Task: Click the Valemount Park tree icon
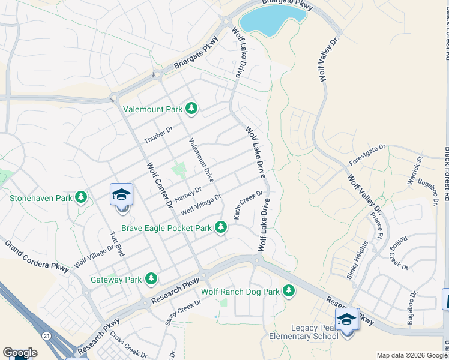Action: click(x=191, y=109)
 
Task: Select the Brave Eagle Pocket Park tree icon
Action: click(x=221, y=227)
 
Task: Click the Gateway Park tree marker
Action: click(x=151, y=279)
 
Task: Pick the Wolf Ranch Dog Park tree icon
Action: click(x=289, y=291)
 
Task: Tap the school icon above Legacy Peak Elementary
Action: click(x=346, y=319)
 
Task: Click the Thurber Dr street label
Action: click(x=158, y=135)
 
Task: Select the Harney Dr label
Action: click(x=186, y=193)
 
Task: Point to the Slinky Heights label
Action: click(x=357, y=259)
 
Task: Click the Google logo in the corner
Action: click(x=20, y=353)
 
